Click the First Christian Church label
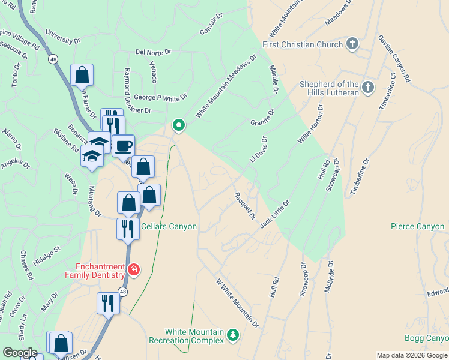tap(303, 44)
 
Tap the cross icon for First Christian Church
tap(352, 44)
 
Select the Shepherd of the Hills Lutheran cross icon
tap(368, 88)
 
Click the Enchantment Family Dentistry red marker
tap(133, 269)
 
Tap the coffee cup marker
tap(124, 146)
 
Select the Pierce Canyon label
tap(417, 227)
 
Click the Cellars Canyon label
tap(169, 227)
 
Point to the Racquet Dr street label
tap(244, 205)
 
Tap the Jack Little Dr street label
tap(275, 213)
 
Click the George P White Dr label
tap(160, 96)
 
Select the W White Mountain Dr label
tap(237, 303)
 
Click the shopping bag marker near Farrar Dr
tap(82, 75)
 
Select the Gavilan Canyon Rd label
tap(394, 58)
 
